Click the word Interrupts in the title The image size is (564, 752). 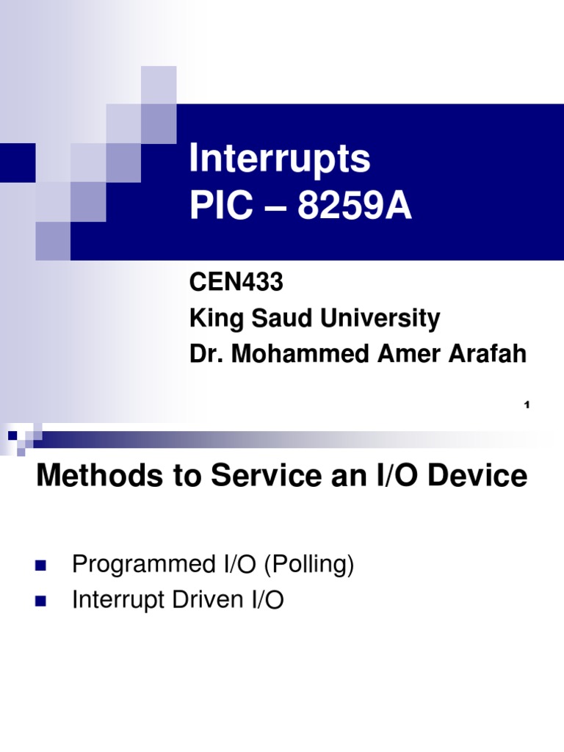280,159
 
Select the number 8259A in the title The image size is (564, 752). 355,208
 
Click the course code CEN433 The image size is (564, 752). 225,283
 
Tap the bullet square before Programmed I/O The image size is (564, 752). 40,566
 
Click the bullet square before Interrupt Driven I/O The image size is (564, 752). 40,601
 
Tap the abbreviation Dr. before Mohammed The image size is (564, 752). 206,354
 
